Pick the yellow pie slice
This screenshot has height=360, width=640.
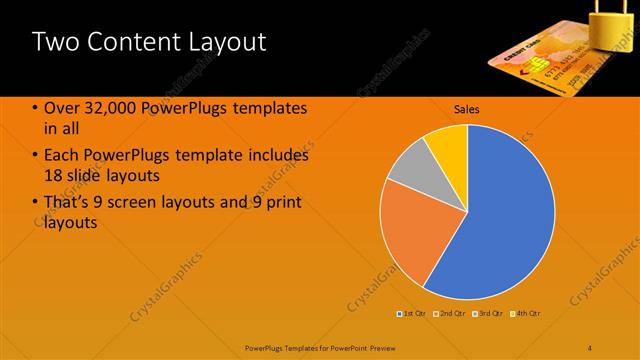[448, 146]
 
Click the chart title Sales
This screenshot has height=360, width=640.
[467, 108]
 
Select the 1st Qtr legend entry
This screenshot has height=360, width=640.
[413, 314]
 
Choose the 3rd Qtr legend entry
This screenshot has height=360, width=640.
[489, 314]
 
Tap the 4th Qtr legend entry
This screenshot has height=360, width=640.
[526, 314]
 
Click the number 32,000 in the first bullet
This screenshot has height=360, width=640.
[111, 109]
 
